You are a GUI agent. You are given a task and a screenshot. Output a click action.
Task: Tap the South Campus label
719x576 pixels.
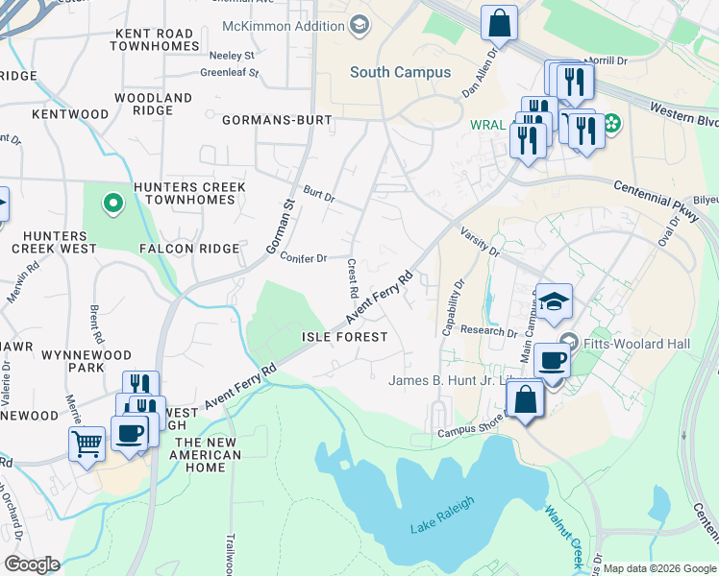(400, 72)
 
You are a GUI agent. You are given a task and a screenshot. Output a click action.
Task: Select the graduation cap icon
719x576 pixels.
(554, 302)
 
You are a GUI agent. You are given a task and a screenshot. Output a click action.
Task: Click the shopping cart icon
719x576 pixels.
(87, 444)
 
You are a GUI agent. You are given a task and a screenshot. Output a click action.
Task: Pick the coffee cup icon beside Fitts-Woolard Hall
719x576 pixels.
(552, 361)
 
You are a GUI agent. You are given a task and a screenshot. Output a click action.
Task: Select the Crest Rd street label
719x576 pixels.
(353, 277)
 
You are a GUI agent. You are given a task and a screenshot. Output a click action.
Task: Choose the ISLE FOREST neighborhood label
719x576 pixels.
(344, 337)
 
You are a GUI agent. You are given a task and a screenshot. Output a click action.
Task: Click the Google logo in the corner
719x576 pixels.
(32, 564)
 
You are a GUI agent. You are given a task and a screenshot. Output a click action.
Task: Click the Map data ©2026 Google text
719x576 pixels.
(658, 568)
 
